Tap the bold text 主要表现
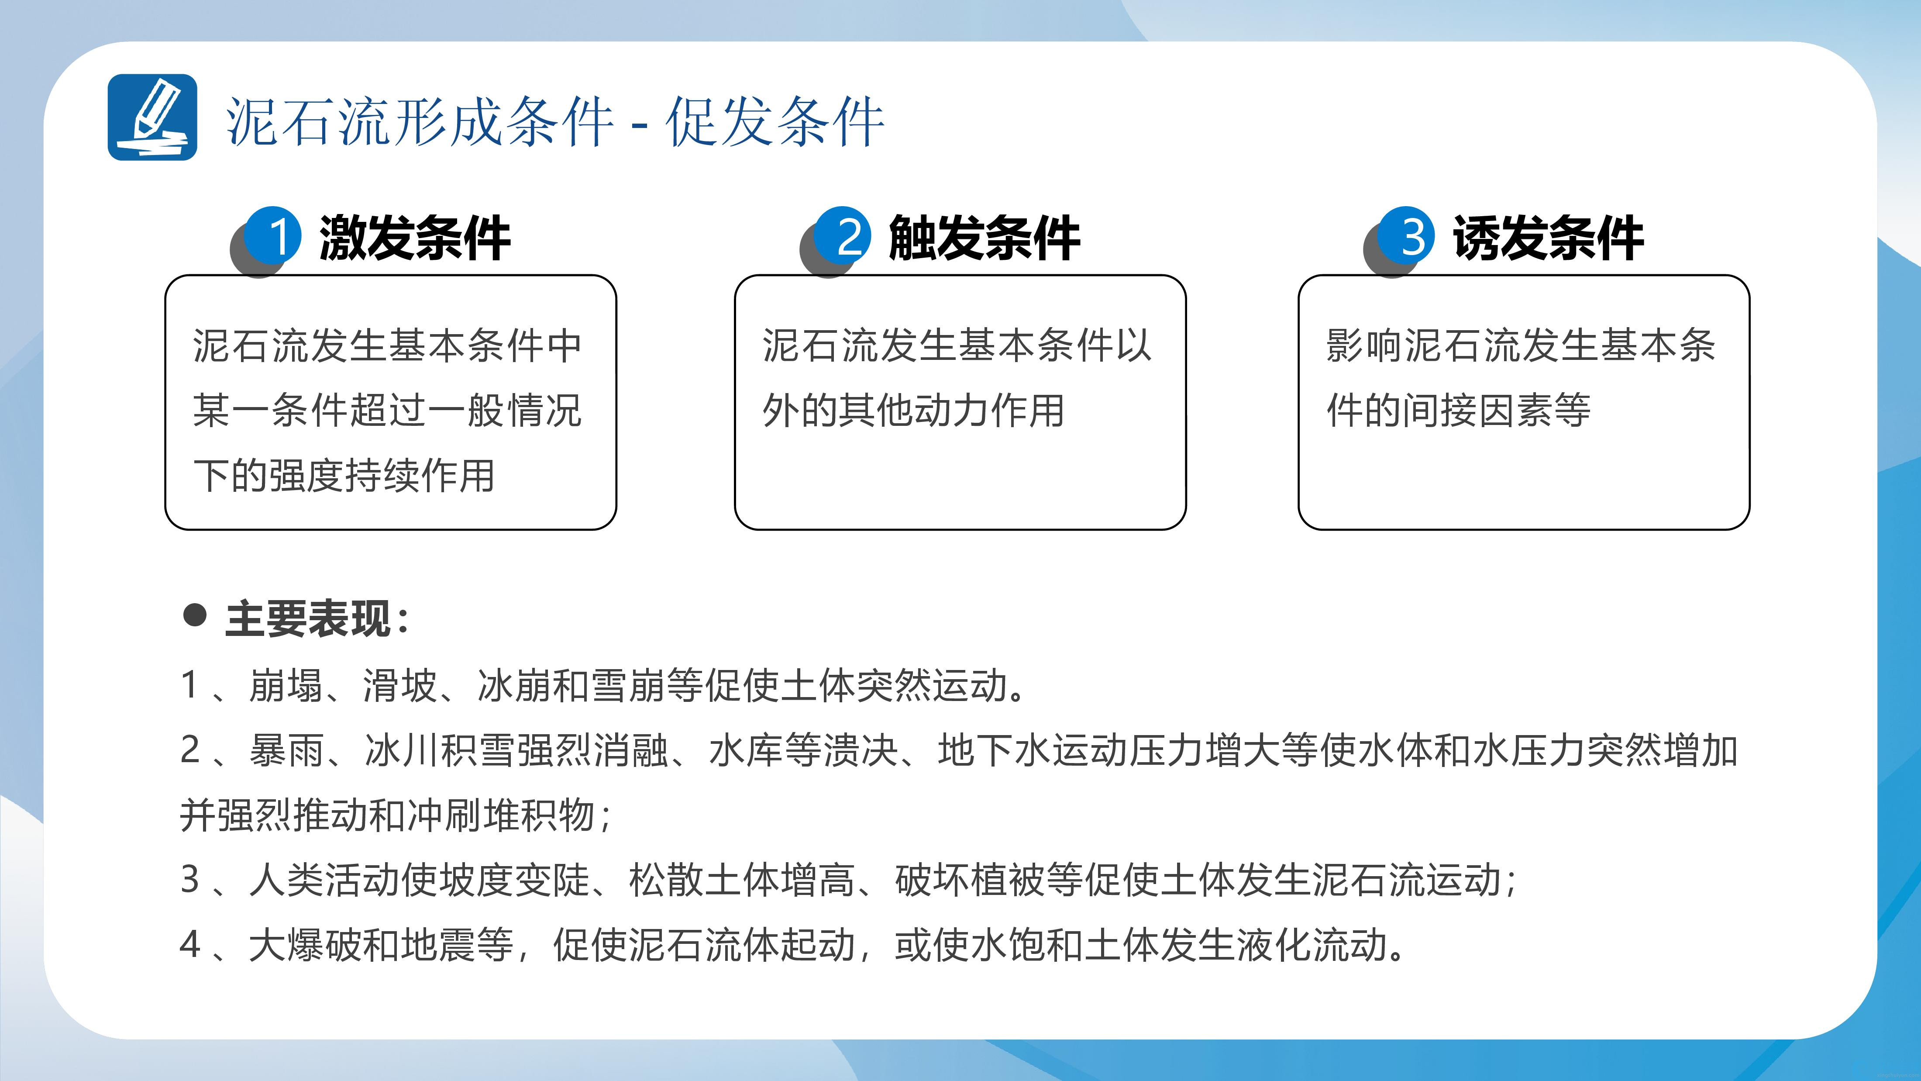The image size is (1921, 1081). [308, 618]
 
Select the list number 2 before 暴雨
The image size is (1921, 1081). [190, 750]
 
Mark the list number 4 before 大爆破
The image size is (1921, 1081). [190, 944]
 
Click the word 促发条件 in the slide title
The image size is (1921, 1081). [775, 121]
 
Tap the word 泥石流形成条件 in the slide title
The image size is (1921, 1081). [420, 121]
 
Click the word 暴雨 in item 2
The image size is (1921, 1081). [287, 750]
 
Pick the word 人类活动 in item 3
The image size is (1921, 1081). [325, 880]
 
